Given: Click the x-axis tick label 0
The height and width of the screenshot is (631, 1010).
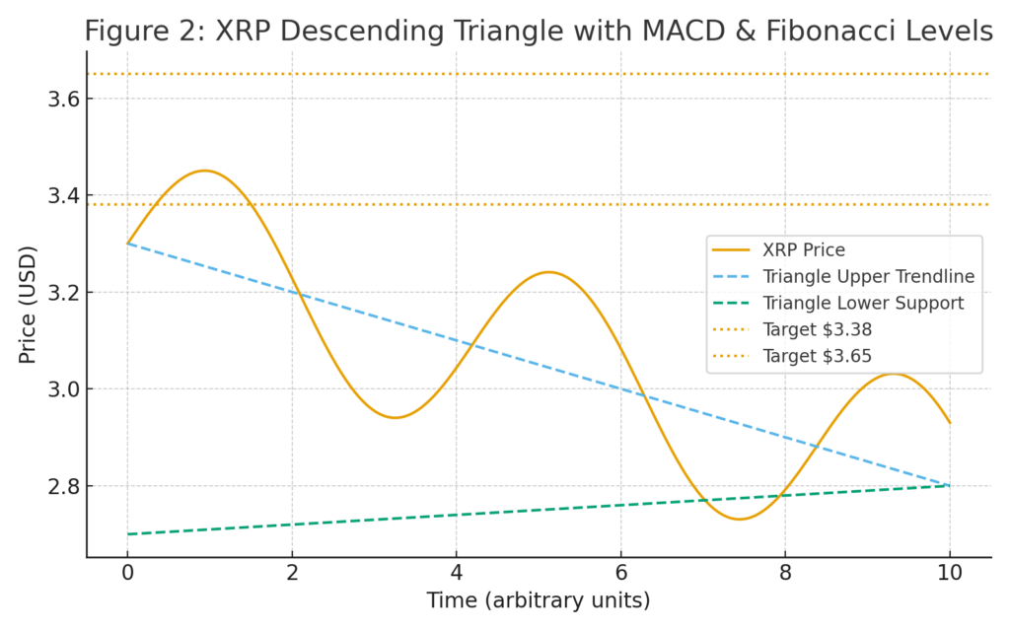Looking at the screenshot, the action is point(127,572).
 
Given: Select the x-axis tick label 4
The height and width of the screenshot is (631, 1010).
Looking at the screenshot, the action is point(456,572).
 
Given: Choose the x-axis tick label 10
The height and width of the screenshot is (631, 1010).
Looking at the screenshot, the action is point(950,572).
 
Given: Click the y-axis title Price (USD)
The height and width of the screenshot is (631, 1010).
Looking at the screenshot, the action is point(27,306).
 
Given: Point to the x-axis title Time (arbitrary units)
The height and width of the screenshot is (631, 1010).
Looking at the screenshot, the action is point(539,600).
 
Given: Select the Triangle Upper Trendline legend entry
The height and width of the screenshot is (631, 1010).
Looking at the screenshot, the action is point(843,276).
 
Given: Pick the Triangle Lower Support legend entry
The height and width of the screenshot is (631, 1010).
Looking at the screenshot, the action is point(837,303).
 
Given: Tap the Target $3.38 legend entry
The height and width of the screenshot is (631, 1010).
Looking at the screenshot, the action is point(792,329).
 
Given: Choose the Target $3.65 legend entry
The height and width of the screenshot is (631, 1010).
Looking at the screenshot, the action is point(792,356).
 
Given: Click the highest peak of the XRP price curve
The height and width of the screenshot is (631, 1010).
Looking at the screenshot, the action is point(204,171).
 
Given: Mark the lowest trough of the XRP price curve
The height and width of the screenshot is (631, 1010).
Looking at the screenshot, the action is point(740,519).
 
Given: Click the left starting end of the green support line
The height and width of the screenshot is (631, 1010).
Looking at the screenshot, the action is point(127,534).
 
